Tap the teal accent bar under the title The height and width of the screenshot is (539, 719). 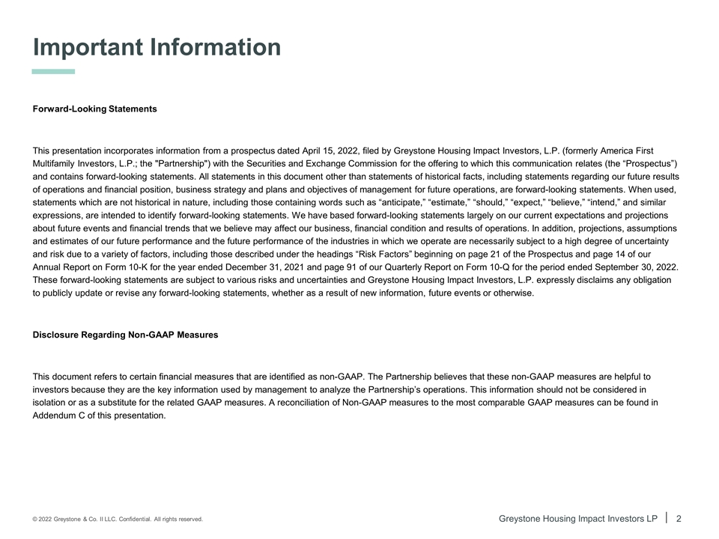[x=53, y=72]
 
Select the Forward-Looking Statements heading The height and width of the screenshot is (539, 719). [x=95, y=109]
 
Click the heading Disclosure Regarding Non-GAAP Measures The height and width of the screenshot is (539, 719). [x=125, y=335]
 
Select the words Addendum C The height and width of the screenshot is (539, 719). [x=61, y=415]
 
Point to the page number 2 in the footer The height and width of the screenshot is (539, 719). [x=679, y=518]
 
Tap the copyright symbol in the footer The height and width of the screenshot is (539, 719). [x=35, y=519]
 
